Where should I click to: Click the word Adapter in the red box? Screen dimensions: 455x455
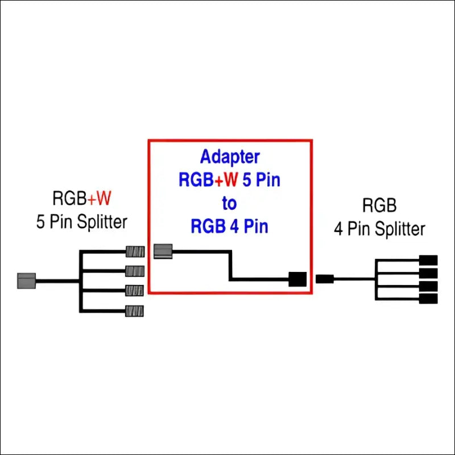click(230, 157)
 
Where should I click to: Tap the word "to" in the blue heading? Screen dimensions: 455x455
click(229, 203)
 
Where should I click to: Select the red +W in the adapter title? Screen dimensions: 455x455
click(227, 180)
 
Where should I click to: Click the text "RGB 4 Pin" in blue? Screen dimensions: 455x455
click(229, 226)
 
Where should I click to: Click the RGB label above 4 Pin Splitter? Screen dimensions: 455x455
click(379, 205)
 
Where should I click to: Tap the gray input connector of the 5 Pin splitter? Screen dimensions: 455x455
click(27, 280)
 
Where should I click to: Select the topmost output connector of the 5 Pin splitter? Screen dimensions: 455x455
click(135, 251)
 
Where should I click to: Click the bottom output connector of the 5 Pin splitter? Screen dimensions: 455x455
click(135, 311)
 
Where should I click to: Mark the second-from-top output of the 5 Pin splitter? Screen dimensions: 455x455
click(135, 270)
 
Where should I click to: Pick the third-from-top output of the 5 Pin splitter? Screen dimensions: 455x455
click(135, 290)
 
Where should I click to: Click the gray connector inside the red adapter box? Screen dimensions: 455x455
click(163, 251)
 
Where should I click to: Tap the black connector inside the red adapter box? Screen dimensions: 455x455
click(297, 279)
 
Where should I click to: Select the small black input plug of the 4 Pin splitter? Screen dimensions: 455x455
click(324, 279)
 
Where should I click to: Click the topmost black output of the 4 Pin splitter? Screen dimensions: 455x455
click(428, 260)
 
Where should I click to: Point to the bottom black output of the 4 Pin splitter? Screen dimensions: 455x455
click(428, 298)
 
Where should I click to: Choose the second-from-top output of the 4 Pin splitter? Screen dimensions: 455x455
click(428, 273)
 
